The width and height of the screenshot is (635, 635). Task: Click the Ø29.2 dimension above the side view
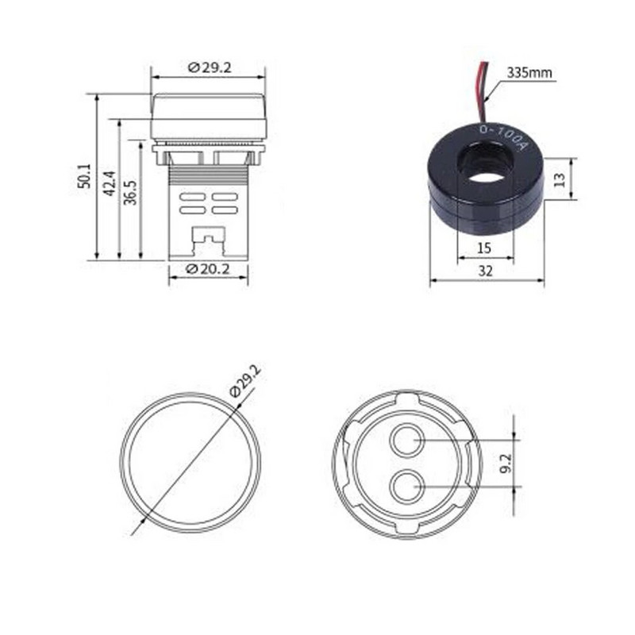210,68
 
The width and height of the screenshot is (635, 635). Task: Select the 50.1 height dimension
85,176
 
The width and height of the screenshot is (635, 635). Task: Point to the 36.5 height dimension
130,191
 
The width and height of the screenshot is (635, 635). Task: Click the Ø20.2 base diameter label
208,269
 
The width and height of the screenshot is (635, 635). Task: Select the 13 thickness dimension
560,179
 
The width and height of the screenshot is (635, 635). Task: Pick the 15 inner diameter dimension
485,248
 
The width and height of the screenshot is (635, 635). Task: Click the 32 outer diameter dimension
486,271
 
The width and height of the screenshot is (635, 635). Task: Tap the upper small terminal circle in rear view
407,441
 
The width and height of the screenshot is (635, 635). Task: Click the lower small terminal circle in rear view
407,485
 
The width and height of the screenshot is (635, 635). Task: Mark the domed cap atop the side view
209,116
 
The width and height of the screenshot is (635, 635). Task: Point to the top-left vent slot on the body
191,196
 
